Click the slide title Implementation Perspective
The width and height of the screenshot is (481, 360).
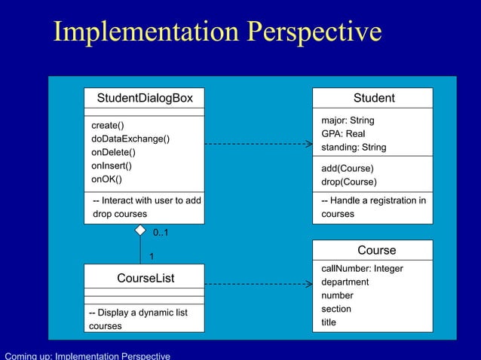tap(217, 32)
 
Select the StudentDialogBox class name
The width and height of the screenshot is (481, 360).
tap(145, 98)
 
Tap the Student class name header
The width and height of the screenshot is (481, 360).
tap(374, 98)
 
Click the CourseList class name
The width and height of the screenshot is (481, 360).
tap(145, 278)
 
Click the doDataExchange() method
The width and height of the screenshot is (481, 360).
tap(130, 139)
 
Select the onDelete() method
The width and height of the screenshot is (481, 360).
tap(113, 152)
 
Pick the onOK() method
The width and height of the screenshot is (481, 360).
tap(106, 179)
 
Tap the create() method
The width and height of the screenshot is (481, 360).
tap(108, 125)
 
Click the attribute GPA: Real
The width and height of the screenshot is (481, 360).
tap(343, 133)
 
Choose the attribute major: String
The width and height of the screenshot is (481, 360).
tap(348, 121)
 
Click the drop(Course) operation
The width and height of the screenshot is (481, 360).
tap(349, 182)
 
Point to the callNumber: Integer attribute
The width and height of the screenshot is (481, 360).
tap(362, 268)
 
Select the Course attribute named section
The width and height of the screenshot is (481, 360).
tap(336, 309)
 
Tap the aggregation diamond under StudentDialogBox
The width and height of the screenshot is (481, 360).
tap(140, 229)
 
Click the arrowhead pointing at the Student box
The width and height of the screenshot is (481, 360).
tap(308, 143)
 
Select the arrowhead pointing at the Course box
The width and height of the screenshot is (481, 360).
tap(308, 285)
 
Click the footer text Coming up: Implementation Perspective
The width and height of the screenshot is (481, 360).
tap(87, 355)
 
